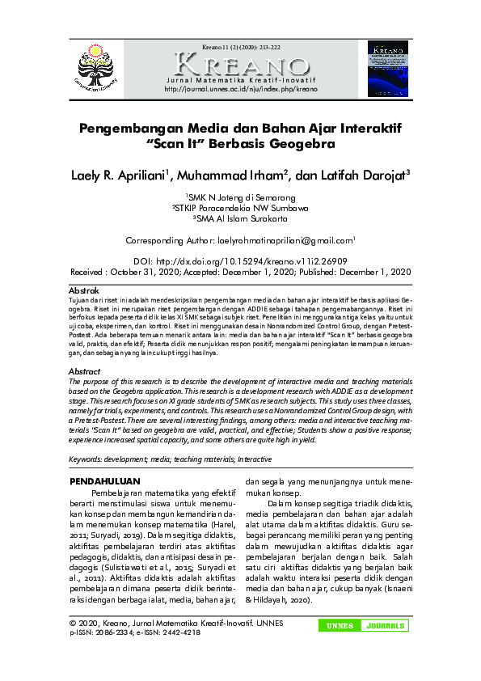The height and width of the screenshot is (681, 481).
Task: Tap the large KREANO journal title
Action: coord(241,65)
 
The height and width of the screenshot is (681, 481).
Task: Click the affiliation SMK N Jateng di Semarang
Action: coord(241,197)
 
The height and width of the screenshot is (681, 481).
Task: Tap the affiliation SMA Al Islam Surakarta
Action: coord(241,218)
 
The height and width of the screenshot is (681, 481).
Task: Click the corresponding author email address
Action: coord(285,240)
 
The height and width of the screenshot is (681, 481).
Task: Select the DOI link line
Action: coord(240,262)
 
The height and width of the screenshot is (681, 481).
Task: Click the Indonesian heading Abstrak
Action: coord(84,290)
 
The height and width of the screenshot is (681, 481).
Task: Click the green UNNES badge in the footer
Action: coord(339,626)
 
